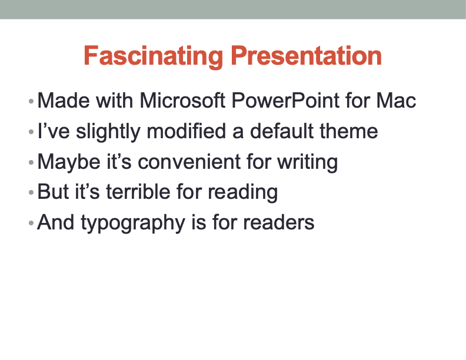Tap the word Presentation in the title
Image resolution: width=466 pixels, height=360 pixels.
(306, 56)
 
